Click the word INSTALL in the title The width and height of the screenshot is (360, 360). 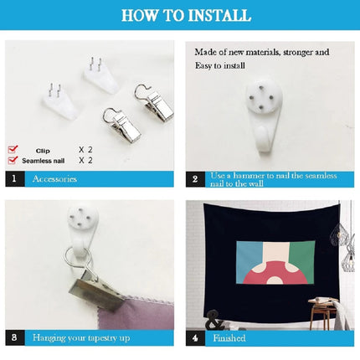pos(219,15)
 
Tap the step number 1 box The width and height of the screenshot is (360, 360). pos(15,179)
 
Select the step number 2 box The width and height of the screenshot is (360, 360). pos(195,179)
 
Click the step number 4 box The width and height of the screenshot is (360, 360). pos(195,338)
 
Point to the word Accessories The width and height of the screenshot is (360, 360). pos(54,179)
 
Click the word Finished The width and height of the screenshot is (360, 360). pos(229,338)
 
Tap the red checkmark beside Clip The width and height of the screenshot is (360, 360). pos(13,149)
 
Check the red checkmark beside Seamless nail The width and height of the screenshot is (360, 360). pos(13,160)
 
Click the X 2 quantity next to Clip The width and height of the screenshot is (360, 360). pos(85,150)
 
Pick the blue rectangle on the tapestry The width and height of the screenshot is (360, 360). pos(249,261)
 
